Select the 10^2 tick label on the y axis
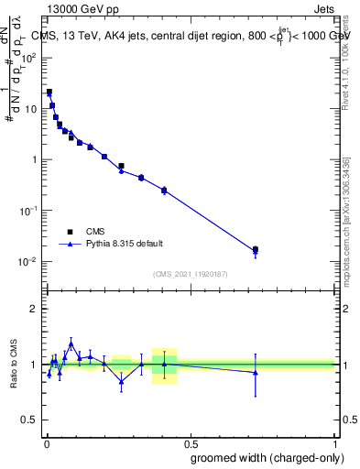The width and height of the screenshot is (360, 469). click(29, 57)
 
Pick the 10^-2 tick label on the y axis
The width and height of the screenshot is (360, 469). click(29, 261)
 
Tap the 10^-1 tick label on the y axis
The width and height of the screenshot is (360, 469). click(29, 210)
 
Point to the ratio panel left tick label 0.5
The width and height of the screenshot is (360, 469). click(31, 420)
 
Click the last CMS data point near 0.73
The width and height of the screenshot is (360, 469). click(256, 249)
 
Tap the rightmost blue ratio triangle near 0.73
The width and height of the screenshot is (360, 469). click(256, 372)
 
